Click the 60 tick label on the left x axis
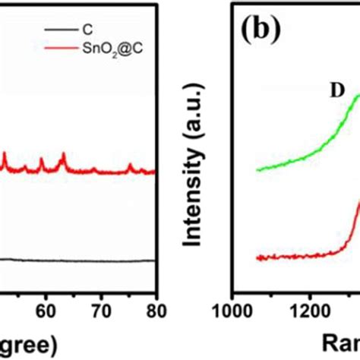tap(46, 311)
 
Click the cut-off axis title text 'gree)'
tap(27, 343)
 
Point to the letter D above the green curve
tap(335, 90)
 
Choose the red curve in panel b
tap(304, 256)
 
